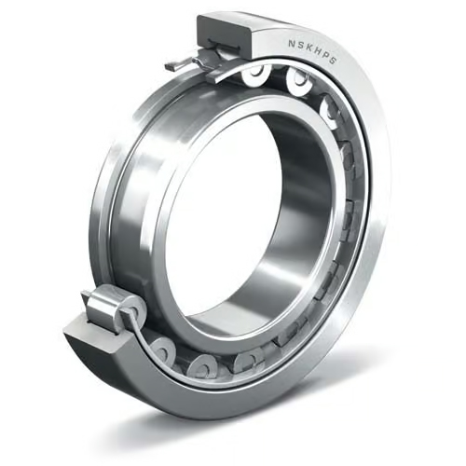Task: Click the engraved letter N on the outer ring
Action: pos(291,44)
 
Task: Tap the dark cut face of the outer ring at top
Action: pos(224,35)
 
